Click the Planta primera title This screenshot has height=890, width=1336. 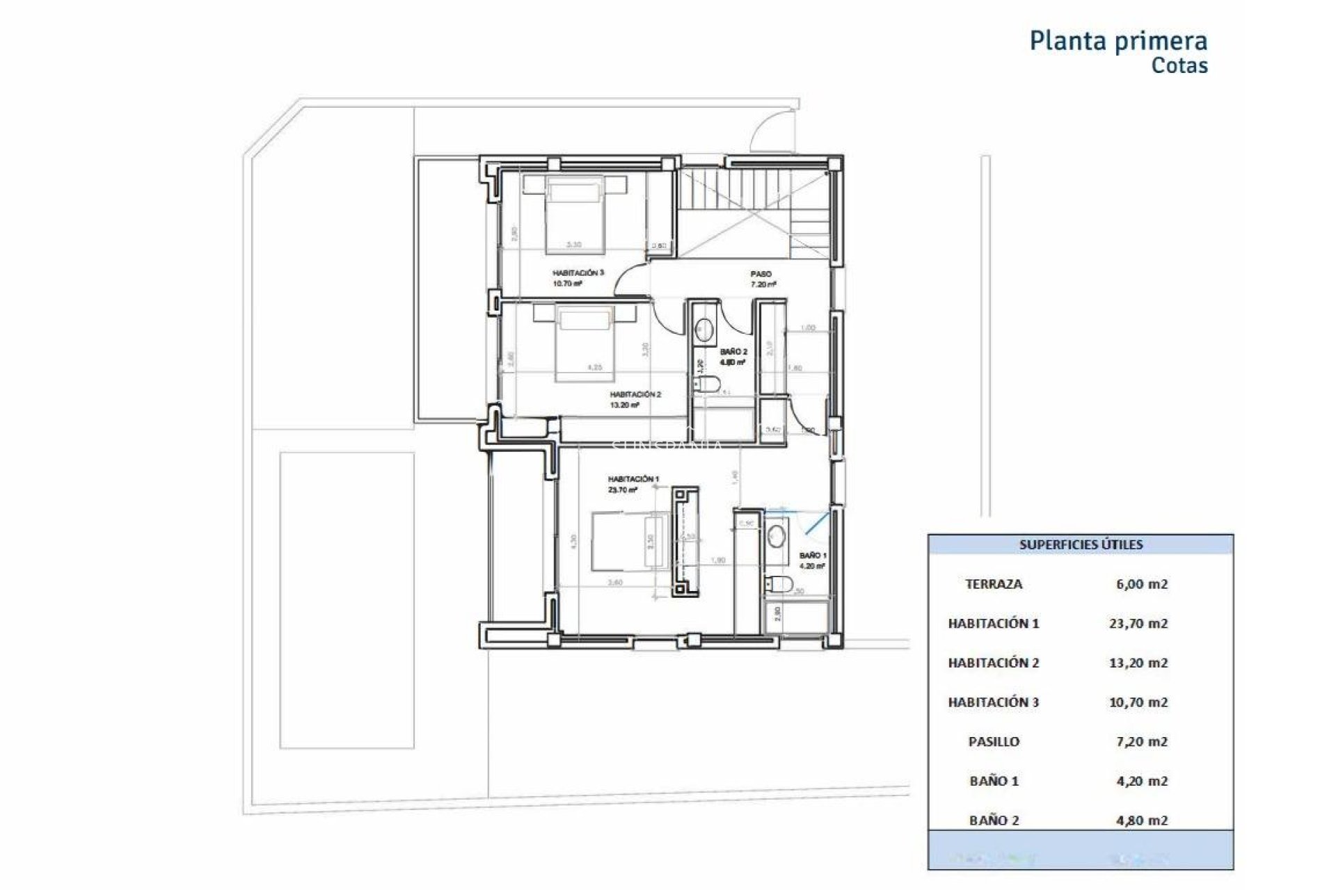1118,41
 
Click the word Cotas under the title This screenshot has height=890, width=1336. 1179,66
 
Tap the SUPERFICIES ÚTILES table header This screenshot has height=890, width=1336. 1081,545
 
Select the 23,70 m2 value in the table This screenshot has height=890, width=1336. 1138,624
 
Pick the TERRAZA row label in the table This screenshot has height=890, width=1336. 994,585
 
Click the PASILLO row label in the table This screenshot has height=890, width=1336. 994,742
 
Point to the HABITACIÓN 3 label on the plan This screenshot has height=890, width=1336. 578,273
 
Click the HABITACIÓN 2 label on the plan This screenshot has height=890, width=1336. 635,395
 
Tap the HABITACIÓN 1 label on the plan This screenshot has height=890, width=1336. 633,480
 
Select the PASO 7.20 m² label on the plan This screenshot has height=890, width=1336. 763,279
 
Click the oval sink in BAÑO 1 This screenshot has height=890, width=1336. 776,536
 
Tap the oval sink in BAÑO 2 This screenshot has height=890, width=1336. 705,330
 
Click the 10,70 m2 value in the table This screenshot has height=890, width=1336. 1138,702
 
